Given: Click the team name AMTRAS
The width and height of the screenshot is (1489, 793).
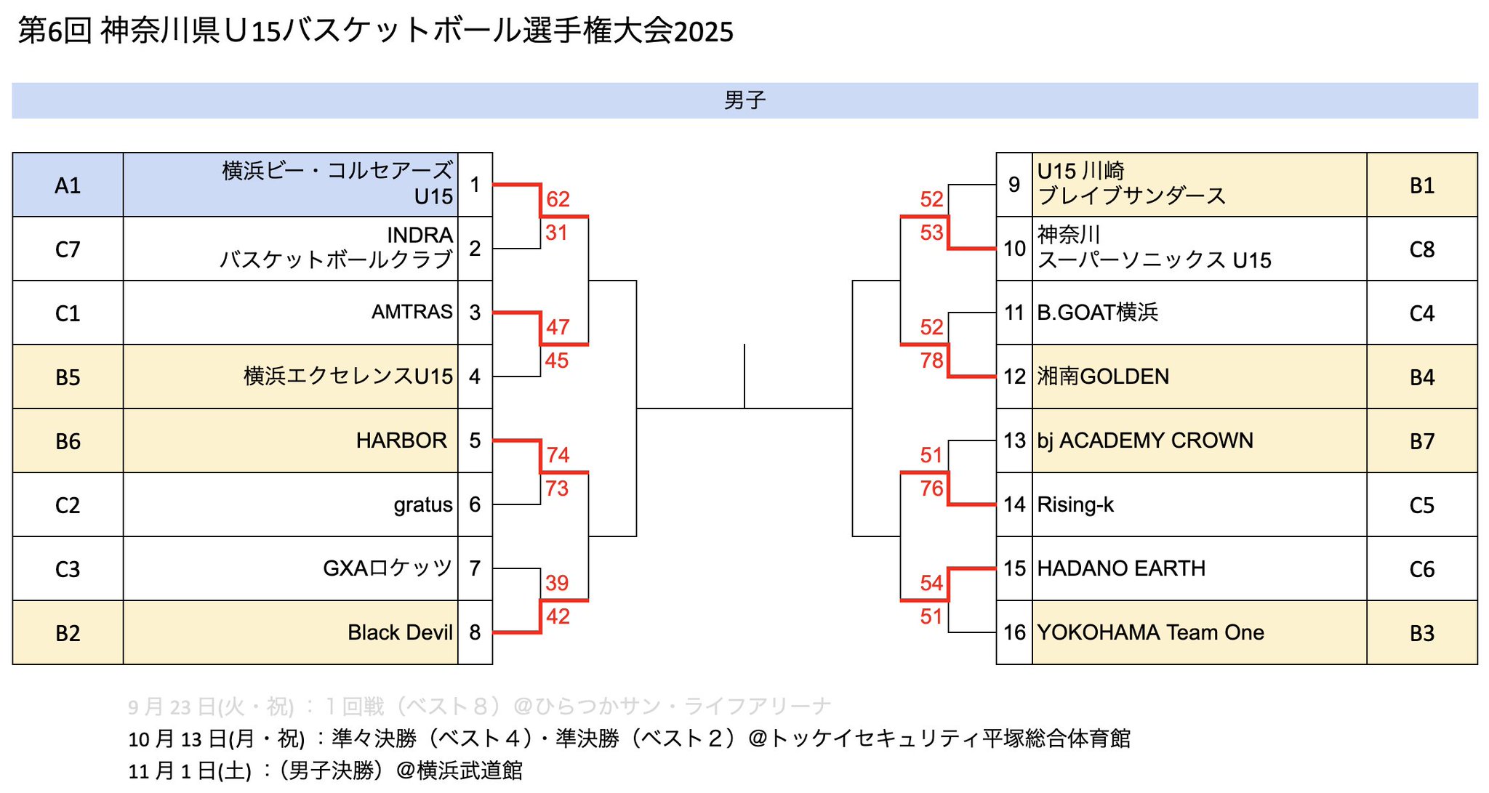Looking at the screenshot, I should (x=412, y=312).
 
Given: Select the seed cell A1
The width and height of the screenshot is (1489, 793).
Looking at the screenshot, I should (x=68, y=185).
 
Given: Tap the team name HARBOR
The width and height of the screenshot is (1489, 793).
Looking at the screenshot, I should (x=401, y=440).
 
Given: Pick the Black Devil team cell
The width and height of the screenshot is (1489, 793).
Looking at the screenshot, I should (x=400, y=632).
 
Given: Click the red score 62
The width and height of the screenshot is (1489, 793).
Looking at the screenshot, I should (x=558, y=199).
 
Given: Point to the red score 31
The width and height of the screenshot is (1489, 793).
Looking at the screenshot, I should (x=556, y=233).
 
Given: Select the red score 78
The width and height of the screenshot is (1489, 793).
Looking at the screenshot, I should (x=931, y=361).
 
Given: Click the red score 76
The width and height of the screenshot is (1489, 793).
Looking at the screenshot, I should (x=931, y=488).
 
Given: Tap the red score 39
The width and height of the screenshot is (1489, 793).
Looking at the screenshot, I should (x=557, y=583).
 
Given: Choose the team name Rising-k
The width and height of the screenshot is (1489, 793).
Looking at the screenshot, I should (x=1075, y=504).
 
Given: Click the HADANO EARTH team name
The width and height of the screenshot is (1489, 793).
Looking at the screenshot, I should (x=1121, y=568).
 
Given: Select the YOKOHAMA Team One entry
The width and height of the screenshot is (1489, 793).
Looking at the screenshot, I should (x=1150, y=632).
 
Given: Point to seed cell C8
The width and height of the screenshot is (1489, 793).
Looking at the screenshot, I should (x=1421, y=249).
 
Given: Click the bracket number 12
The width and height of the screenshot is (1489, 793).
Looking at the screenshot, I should (x=1014, y=377).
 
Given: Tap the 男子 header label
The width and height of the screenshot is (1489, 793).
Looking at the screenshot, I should (x=744, y=100).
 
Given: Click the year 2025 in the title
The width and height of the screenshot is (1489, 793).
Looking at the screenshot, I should (x=703, y=32).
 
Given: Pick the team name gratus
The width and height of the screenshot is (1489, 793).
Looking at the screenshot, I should (x=423, y=504).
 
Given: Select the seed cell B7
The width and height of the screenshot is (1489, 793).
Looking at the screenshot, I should (x=1421, y=441).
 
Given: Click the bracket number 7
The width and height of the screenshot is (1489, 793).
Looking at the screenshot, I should (x=475, y=568).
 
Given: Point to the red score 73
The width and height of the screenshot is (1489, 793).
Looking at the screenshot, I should (x=557, y=488).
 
